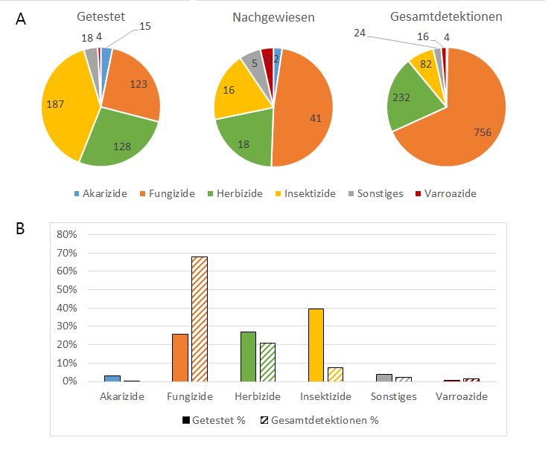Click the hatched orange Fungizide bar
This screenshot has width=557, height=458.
(x=200, y=319)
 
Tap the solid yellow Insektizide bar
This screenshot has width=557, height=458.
(x=316, y=344)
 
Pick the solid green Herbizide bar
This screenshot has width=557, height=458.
(x=248, y=356)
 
